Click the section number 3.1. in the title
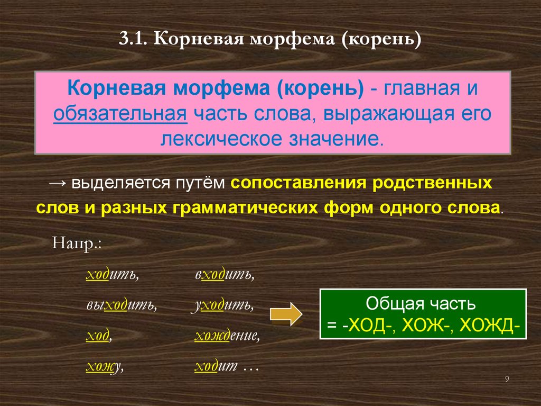[133, 39]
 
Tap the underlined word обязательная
[120, 114]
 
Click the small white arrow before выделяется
[58, 183]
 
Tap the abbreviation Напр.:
[77, 244]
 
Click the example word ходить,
[112, 275]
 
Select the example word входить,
[224, 275]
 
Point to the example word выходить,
[122, 305]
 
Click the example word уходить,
[222, 306]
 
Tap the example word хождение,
[227, 336]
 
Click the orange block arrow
[286, 314]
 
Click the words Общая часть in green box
[421, 303]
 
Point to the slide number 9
[507, 379]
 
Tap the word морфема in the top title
[292, 39]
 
